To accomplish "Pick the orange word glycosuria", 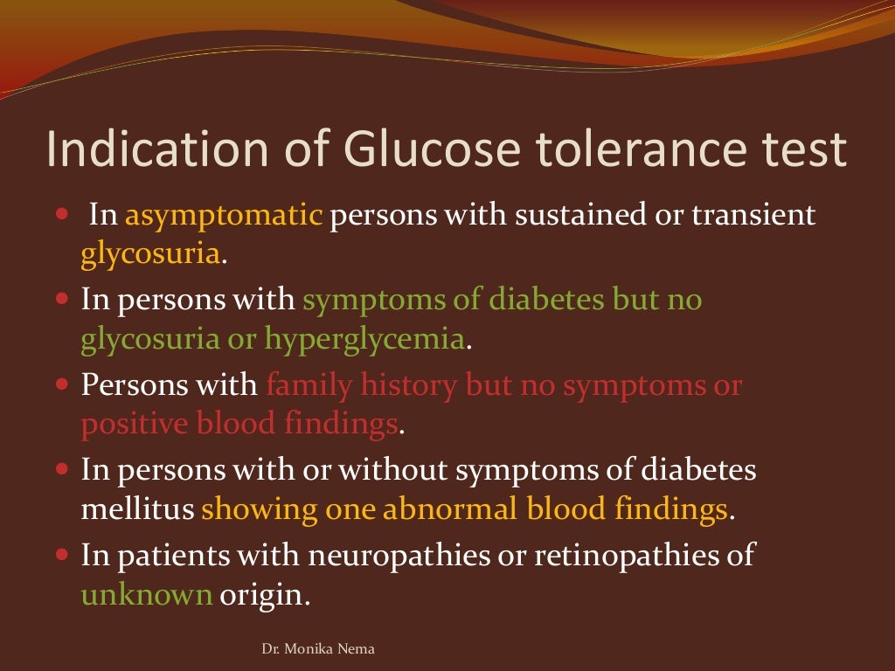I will (x=149, y=255).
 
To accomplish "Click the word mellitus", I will (x=137, y=509).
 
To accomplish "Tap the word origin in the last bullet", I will (x=265, y=597).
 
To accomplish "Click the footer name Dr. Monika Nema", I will (x=319, y=649).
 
